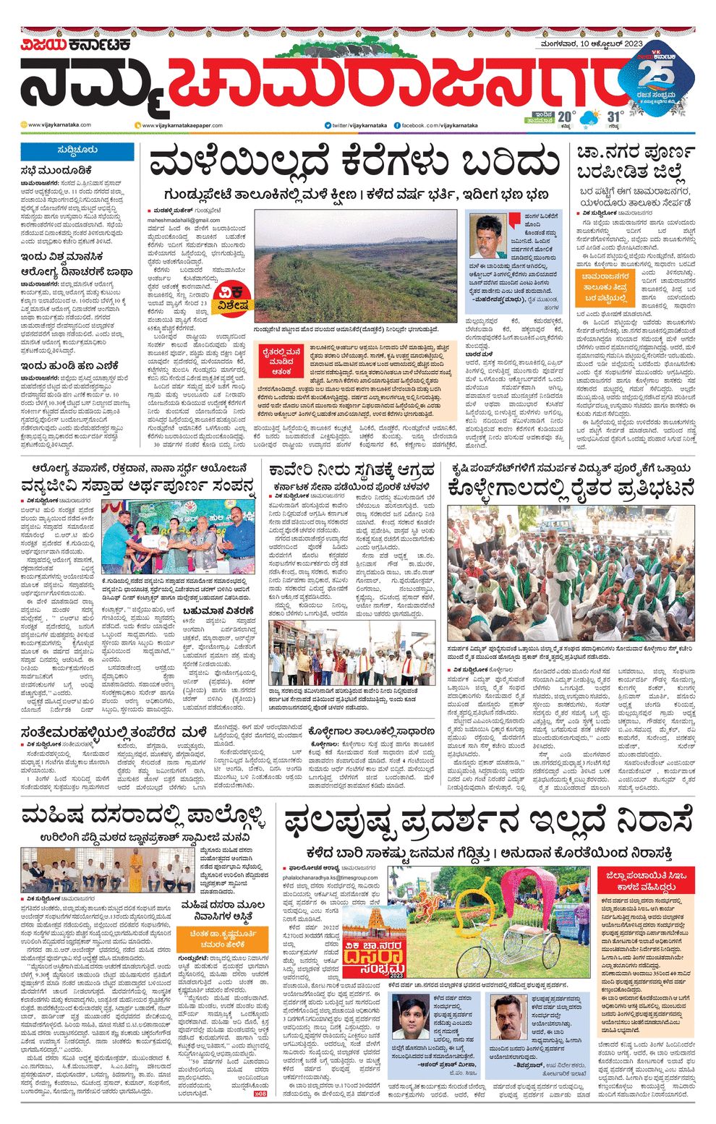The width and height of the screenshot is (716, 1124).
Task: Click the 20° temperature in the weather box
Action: [x=566, y=116]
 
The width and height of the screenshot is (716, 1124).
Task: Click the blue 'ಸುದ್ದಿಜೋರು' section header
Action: [x=77, y=151]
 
